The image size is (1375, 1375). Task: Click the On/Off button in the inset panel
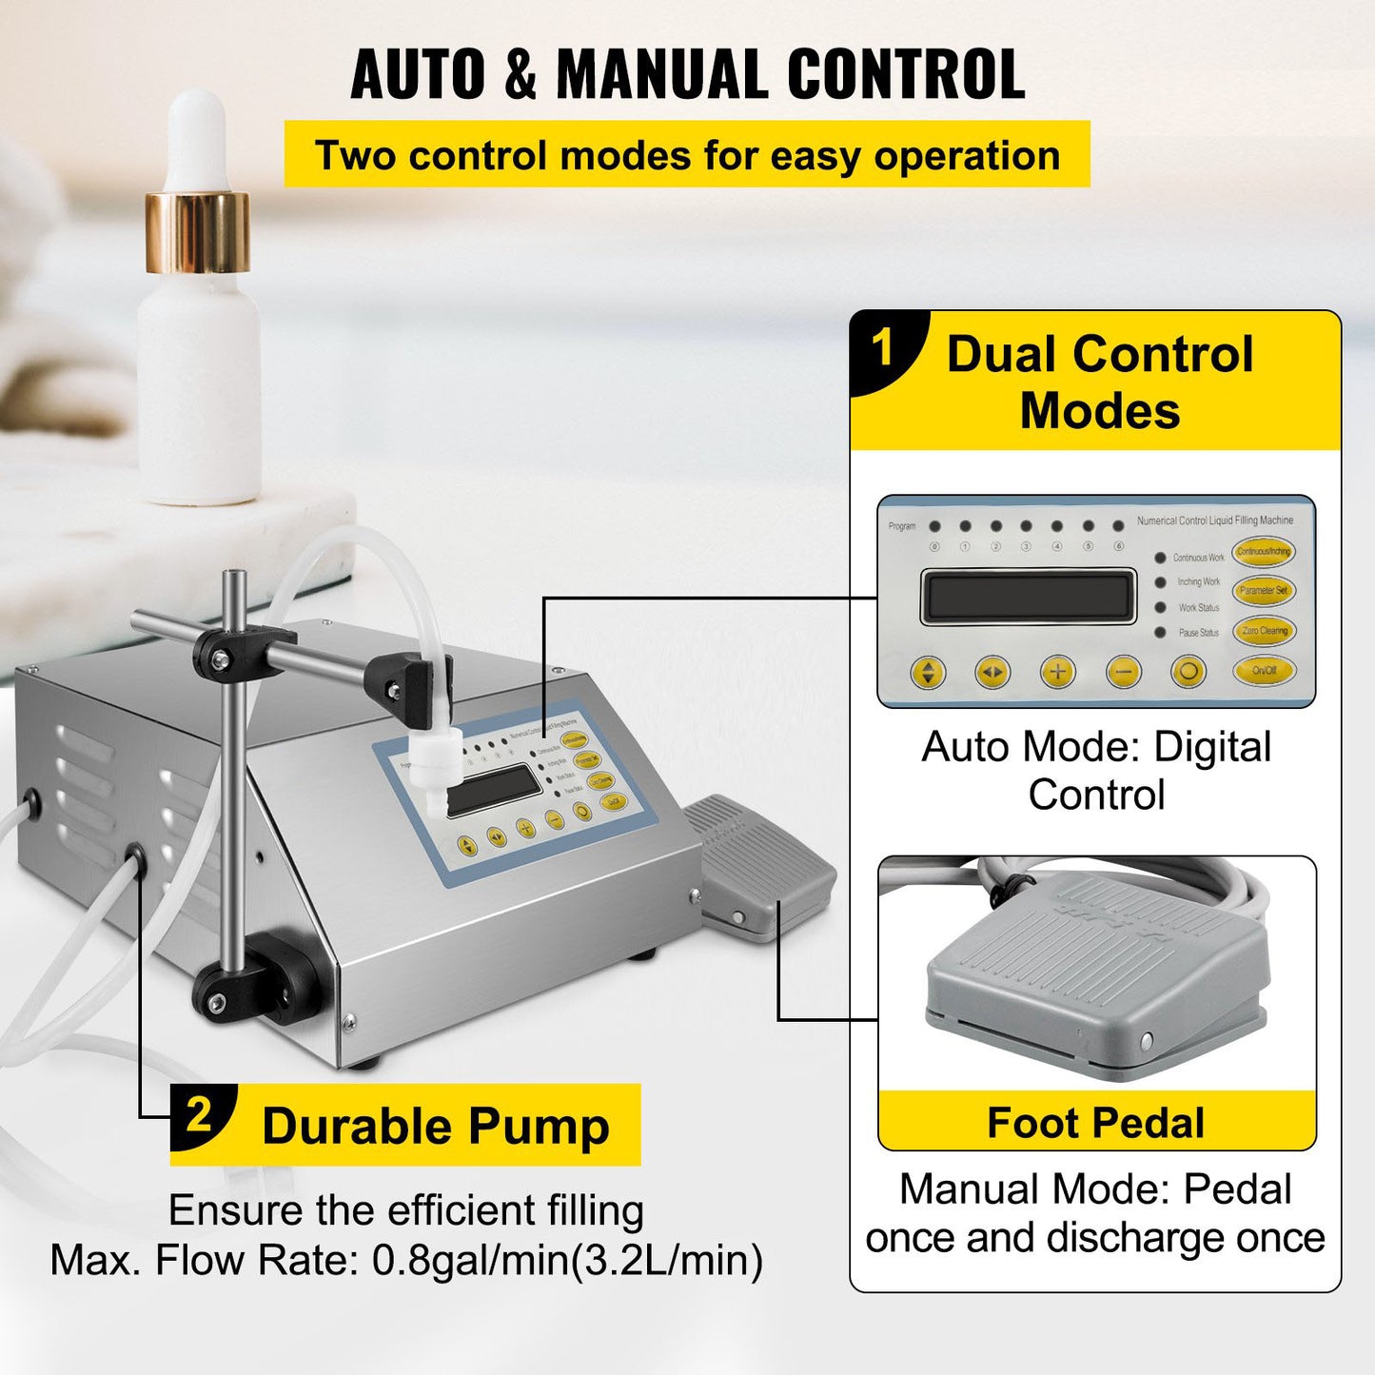click(1264, 671)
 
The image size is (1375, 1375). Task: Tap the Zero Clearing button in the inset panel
click(1264, 631)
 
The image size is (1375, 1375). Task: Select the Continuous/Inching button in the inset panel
click(1264, 551)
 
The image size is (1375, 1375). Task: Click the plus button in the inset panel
click(1057, 672)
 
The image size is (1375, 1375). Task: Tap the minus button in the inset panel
click(1123, 673)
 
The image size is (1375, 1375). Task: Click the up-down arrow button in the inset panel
click(928, 673)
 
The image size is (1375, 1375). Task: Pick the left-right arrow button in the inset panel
click(992, 673)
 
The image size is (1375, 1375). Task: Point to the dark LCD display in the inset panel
click(1028, 597)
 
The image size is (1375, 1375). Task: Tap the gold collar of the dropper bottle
click(198, 231)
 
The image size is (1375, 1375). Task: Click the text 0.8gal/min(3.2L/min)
click(567, 1260)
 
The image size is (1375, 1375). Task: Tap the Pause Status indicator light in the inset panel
click(1160, 633)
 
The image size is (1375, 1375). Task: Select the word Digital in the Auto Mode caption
click(1212, 747)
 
